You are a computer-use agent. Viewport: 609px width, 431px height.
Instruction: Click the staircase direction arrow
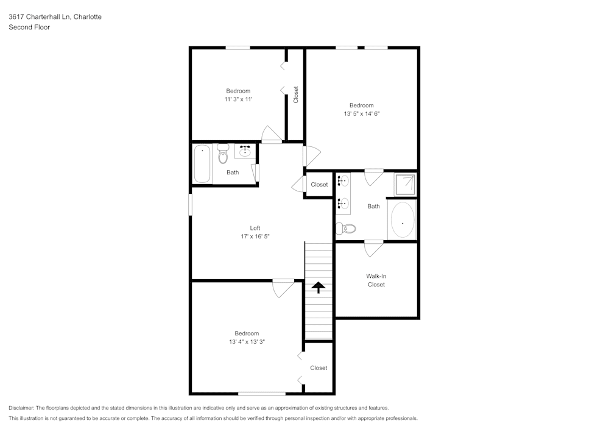pyautogui.click(x=319, y=288)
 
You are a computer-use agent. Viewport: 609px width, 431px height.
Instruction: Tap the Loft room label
pyautogui.click(x=255, y=228)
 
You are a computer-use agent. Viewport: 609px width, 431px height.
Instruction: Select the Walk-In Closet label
pyautogui.click(x=376, y=280)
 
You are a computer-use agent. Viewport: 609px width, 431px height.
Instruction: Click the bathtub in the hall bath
pyautogui.click(x=202, y=163)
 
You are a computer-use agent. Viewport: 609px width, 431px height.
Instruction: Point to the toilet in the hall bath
pyautogui.click(x=222, y=155)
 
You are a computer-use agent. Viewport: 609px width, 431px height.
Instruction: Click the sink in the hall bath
pyautogui.click(x=246, y=151)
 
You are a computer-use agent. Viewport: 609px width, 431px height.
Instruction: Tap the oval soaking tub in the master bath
pyautogui.click(x=402, y=221)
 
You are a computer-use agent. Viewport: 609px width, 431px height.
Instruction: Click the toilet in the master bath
pyautogui.click(x=347, y=229)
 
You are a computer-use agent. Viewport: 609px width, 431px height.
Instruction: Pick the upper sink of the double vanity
pyautogui.click(x=343, y=180)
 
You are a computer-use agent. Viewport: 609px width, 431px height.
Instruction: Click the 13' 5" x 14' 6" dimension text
pyautogui.click(x=362, y=113)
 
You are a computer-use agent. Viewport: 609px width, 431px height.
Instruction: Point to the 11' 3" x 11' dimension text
pyautogui.click(x=238, y=99)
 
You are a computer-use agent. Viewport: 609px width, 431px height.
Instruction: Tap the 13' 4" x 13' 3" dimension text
pyautogui.click(x=247, y=342)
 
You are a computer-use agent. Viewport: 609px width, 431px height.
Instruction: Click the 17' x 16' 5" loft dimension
pyautogui.click(x=255, y=236)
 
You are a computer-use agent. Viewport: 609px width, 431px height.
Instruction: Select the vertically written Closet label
pyautogui.click(x=296, y=94)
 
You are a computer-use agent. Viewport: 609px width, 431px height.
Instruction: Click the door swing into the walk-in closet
pyautogui.click(x=373, y=248)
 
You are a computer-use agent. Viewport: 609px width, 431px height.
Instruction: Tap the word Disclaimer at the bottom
pyautogui.click(x=21, y=408)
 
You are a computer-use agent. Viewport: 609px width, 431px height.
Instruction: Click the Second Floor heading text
pyautogui.click(x=29, y=27)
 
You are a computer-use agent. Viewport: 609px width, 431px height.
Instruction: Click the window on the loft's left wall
pyautogui.click(x=191, y=204)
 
